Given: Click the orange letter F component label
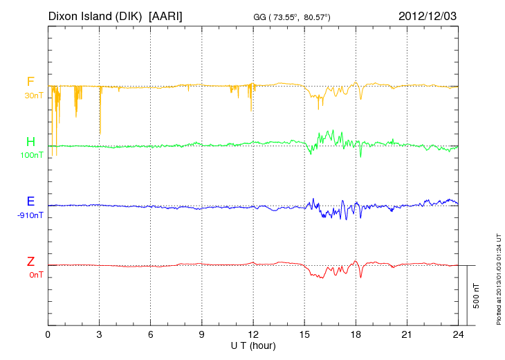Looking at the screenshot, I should (x=30, y=82).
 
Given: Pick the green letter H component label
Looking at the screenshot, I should (x=30, y=142).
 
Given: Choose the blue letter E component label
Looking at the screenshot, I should (x=30, y=201).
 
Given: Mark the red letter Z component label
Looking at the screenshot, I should (x=30, y=262).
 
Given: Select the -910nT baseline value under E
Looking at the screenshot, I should (x=30, y=215).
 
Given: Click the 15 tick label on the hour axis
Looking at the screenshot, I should (x=304, y=334).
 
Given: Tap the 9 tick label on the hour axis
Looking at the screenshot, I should (x=202, y=334).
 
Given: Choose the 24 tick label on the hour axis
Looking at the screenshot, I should (x=458, y=334).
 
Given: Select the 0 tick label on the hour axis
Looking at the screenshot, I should (x=48, y=334).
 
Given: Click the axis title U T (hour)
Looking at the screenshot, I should (x=253, y=345).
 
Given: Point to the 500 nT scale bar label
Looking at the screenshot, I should (x=477, y=295).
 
